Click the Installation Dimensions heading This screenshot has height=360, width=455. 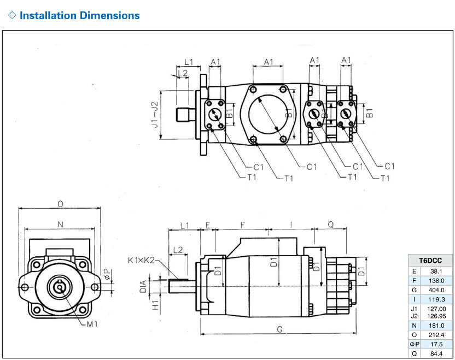coord(79,15)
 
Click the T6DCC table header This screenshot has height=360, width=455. coord(430,261)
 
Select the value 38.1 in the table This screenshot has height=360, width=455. coord(436,272)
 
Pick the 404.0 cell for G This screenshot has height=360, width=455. coord(436,290)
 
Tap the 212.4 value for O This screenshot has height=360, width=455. coord(436,335)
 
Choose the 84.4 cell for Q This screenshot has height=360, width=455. coord(436,353)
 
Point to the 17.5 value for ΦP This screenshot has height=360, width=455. coord(436,344)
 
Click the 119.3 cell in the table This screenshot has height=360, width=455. coord(436,299)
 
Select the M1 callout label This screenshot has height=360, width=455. coord(92,324)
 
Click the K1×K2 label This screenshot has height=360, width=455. coord(141,260)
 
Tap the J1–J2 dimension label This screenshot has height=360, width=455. coord(155,115)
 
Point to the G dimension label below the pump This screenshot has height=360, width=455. coord(279,329)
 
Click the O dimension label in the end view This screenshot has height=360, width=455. coord(60,204)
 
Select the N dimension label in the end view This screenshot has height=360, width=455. coord(60,225)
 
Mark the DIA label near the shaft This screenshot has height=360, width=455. coord(143,287)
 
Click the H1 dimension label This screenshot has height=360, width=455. coord(155,305)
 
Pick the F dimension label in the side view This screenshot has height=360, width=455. coord(243,225)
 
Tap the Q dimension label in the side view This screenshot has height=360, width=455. coord(331,224)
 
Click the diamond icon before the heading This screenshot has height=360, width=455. coord(12,15)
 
